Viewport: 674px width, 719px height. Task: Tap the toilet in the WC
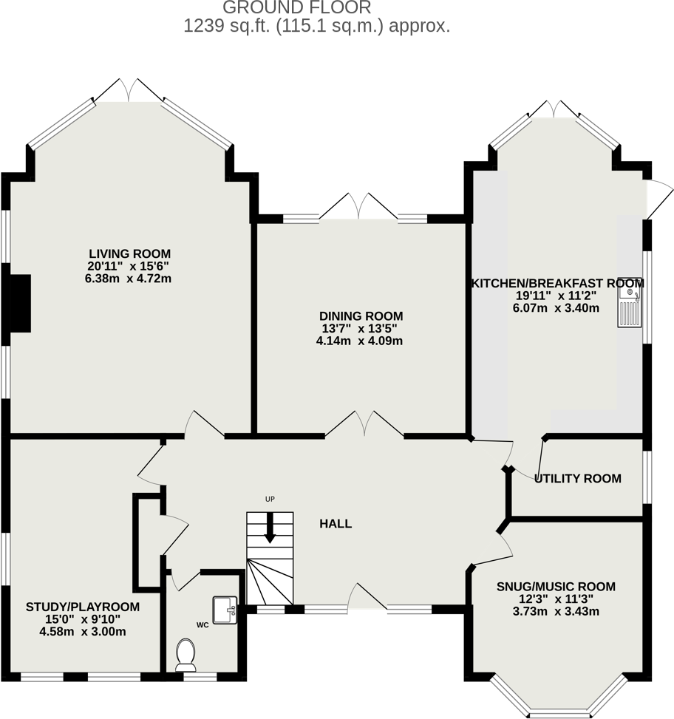coord(185,655)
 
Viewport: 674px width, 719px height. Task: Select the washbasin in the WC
coord(224,610)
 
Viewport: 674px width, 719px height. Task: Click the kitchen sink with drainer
coord(630,307)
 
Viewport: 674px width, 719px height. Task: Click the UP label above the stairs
coord(270,500)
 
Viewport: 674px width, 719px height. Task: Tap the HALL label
coord(336,524)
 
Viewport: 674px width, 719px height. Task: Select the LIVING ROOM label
coord(130,253)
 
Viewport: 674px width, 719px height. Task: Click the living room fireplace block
coord(20,302)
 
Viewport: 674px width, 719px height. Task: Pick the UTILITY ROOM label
coord(578,479)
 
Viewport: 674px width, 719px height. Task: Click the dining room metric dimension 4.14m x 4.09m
coord(359,341)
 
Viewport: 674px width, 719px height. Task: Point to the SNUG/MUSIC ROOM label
coord(556,587)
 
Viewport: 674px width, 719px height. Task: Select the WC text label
coord(202,624)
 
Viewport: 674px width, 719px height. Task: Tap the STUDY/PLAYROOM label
coord(83,607)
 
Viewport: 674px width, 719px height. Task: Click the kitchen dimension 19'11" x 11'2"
coord(556,296)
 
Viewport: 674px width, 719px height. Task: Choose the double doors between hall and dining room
coord(364,426)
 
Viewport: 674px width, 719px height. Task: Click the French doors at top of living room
coord(129,92)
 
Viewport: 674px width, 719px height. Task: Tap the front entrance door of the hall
coord(366,597)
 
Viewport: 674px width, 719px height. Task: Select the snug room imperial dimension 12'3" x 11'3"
coord(556,599)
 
